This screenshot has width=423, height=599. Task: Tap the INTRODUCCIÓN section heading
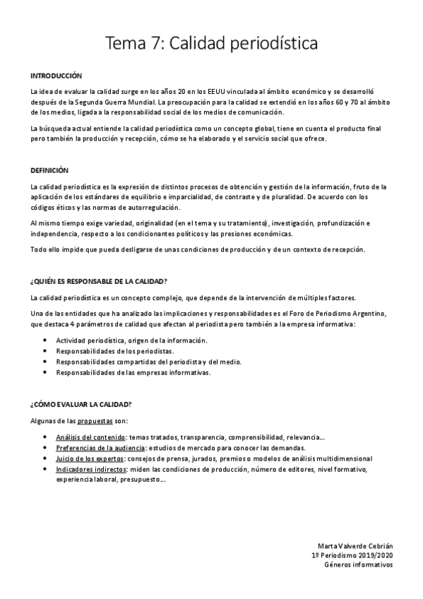pos(56,75)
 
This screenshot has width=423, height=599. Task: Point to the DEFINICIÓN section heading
pos(49,170)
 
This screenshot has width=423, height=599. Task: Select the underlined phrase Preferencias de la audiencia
pos(99,448)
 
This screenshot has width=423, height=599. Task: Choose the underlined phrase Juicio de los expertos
pos(86,458)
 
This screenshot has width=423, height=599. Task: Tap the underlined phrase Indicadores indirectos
pos(88,468)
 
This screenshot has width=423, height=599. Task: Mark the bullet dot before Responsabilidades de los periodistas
pos(45,351)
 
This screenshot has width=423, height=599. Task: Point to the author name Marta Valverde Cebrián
pos(357,546)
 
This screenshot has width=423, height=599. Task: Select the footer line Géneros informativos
pos(359,566)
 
